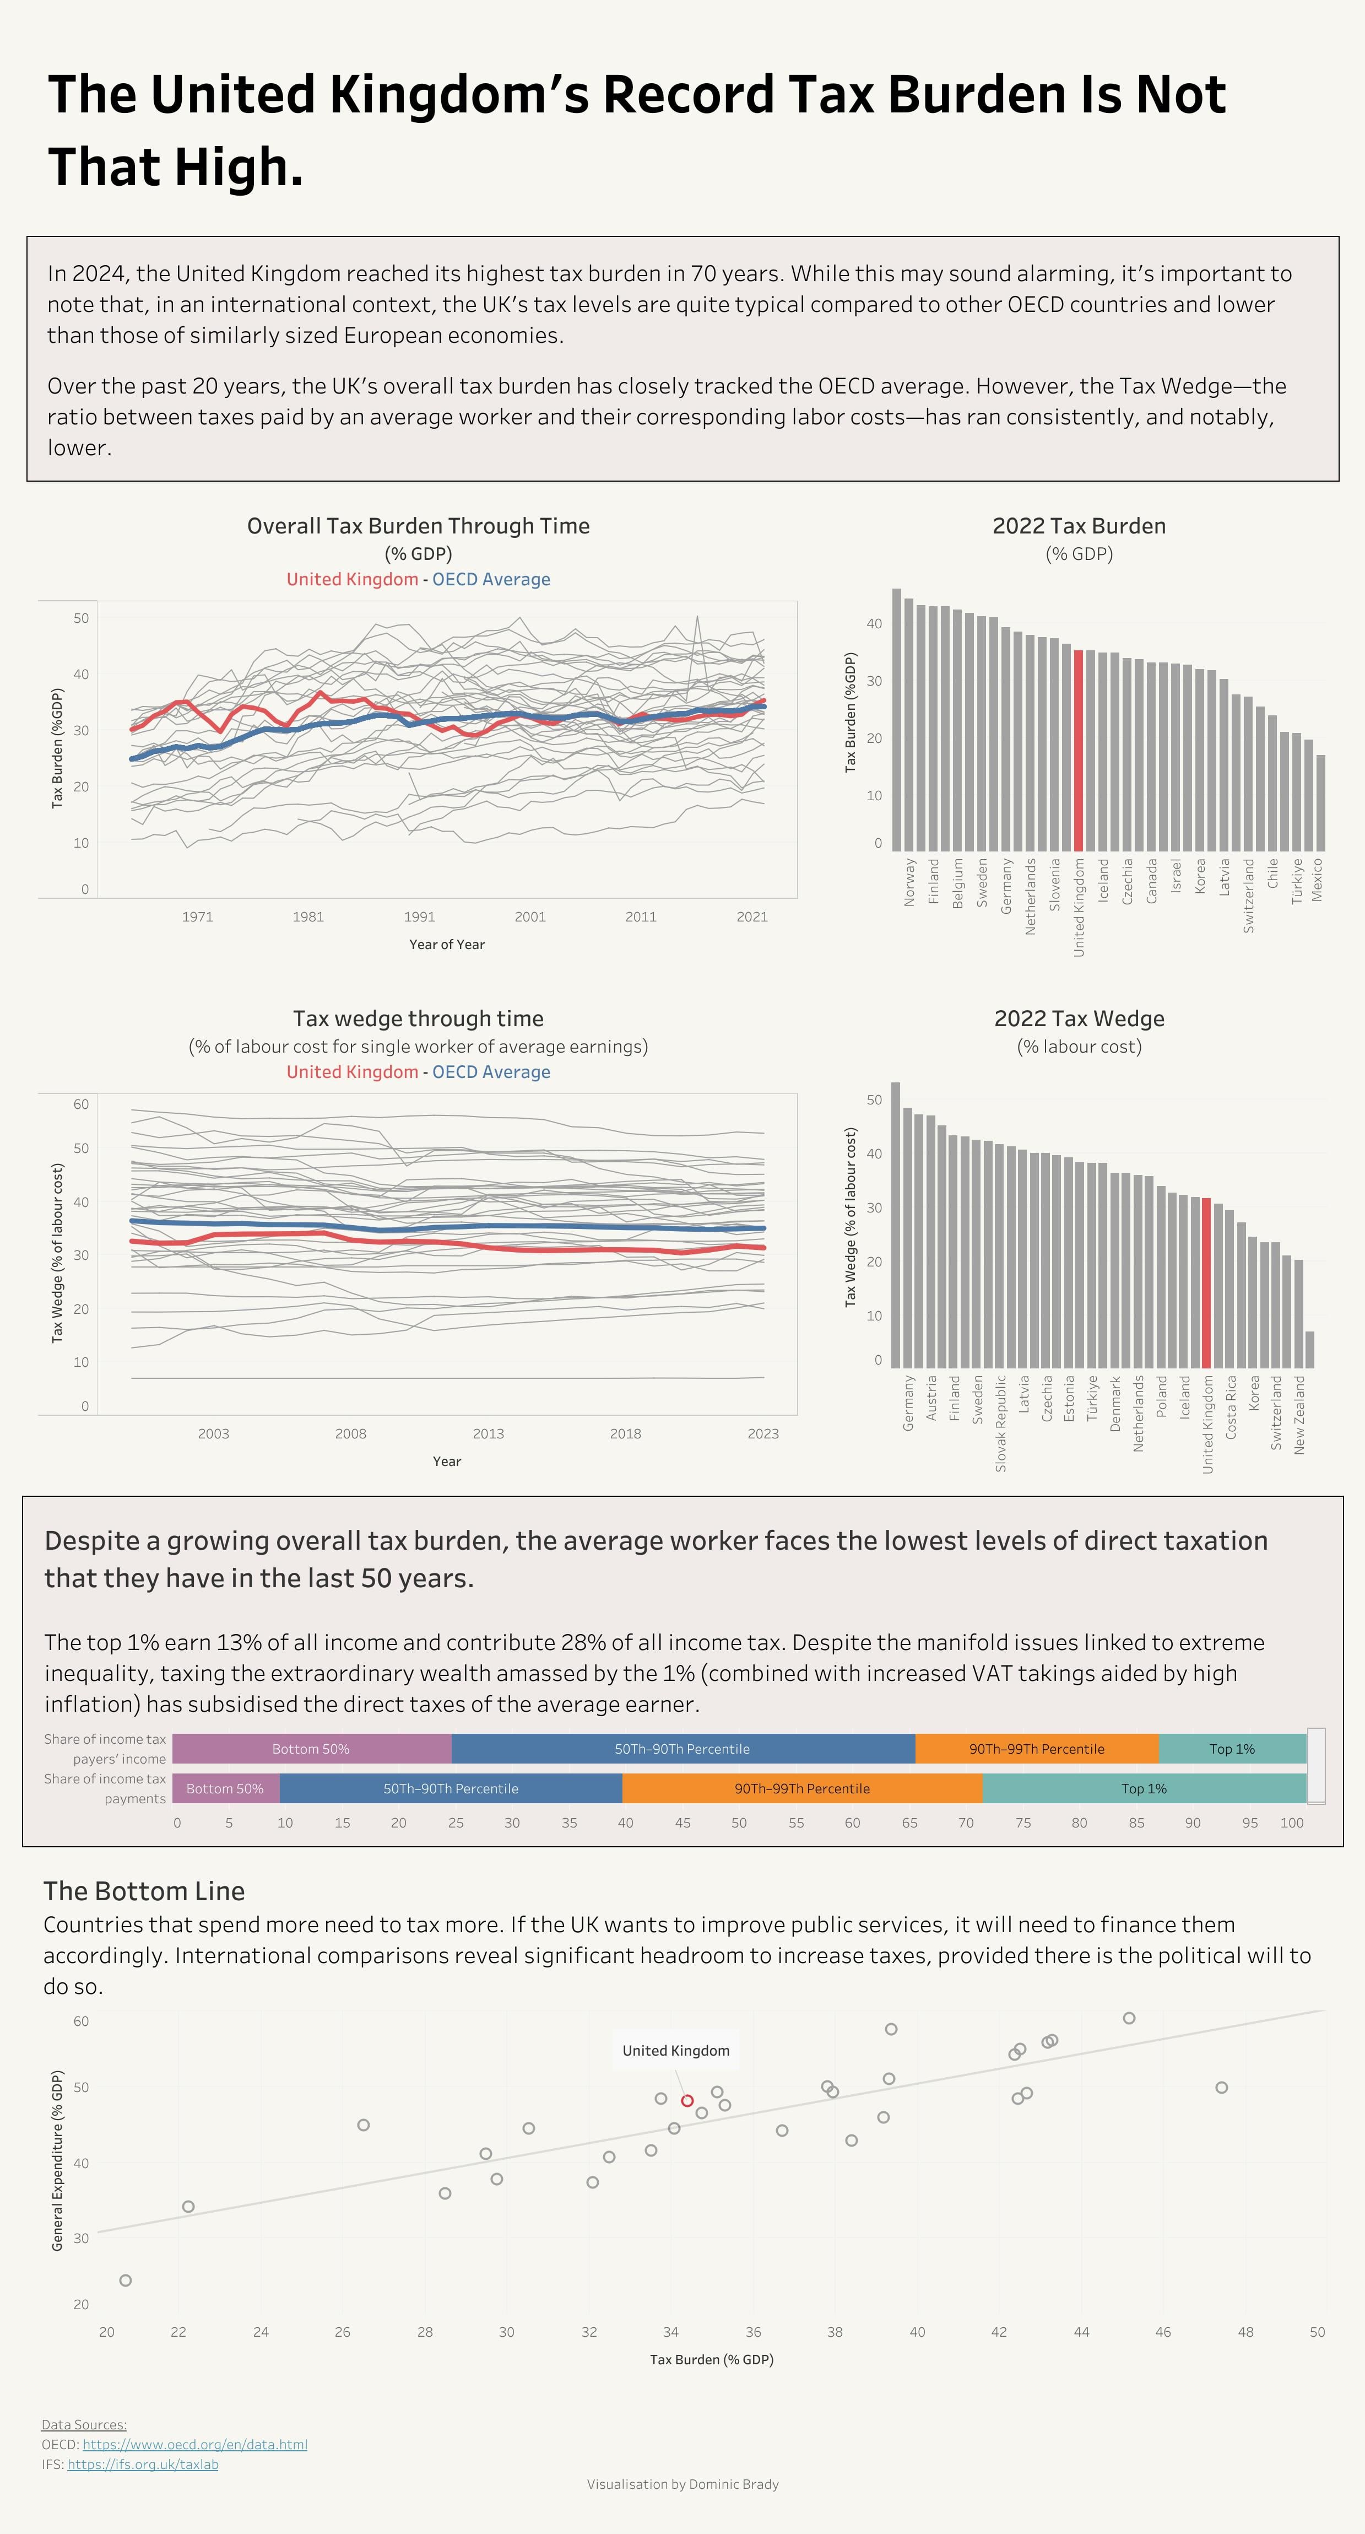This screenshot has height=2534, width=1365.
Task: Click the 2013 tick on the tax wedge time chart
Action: (488, 1433)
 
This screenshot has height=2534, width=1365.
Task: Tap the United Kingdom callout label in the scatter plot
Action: (676, 2050)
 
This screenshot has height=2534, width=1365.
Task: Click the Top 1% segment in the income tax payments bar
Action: (1144, 1788)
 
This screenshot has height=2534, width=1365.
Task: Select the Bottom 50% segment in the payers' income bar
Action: (311, 1748)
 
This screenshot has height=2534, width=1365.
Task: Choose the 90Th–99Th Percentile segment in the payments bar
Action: (801, 1788)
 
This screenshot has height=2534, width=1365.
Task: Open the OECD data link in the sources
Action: (194, 2445)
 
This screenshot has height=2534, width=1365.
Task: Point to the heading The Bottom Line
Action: (144, 1891)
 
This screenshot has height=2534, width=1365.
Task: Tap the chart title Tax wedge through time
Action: (418, 1018)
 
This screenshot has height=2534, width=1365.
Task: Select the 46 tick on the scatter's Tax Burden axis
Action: (1162, 2331)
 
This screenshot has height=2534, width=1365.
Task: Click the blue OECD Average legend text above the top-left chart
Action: (491, 579)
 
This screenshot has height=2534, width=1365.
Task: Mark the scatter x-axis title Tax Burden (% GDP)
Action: (711, 2359)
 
